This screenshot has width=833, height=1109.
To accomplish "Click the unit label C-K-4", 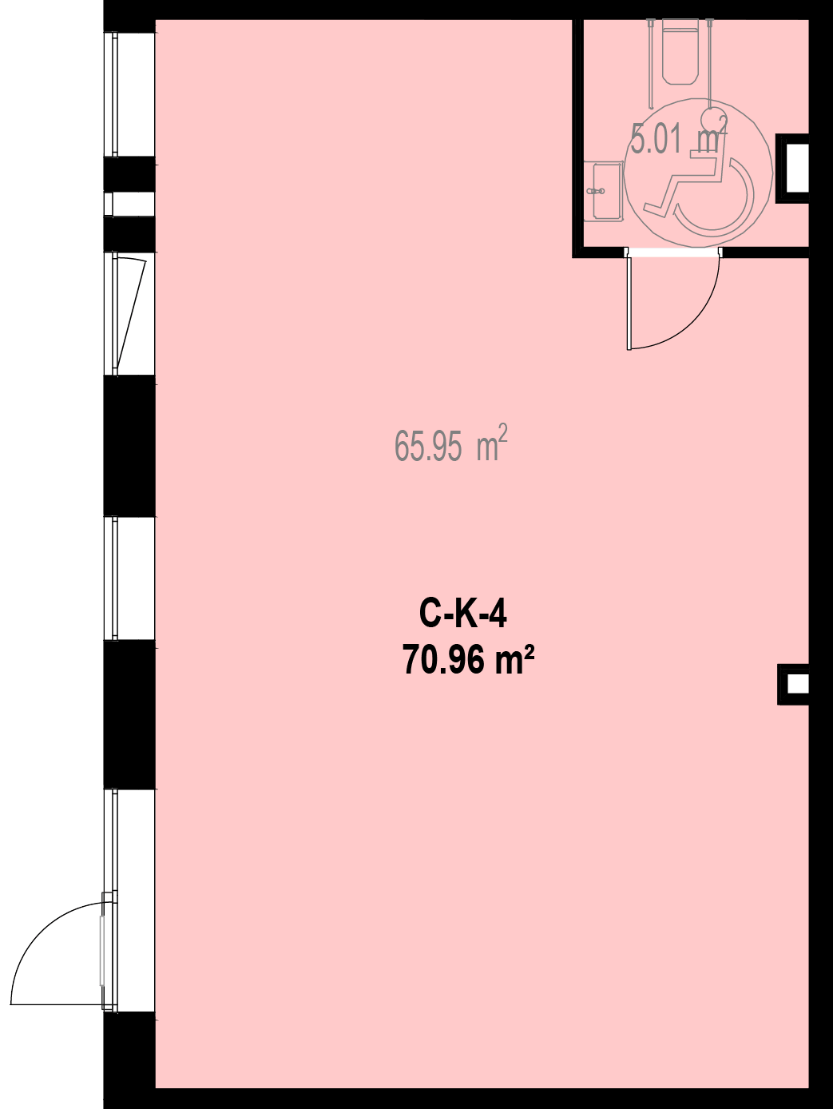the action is click(462, 615).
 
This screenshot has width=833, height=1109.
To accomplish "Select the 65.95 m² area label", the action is click(450, 443).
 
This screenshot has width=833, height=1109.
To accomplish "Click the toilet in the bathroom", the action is click(680, 50).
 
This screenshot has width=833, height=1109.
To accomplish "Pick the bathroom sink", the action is click(603, 191).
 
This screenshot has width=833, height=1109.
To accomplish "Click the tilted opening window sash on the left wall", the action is click(130, 314).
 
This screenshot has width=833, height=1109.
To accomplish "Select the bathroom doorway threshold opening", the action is click(673, 252).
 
